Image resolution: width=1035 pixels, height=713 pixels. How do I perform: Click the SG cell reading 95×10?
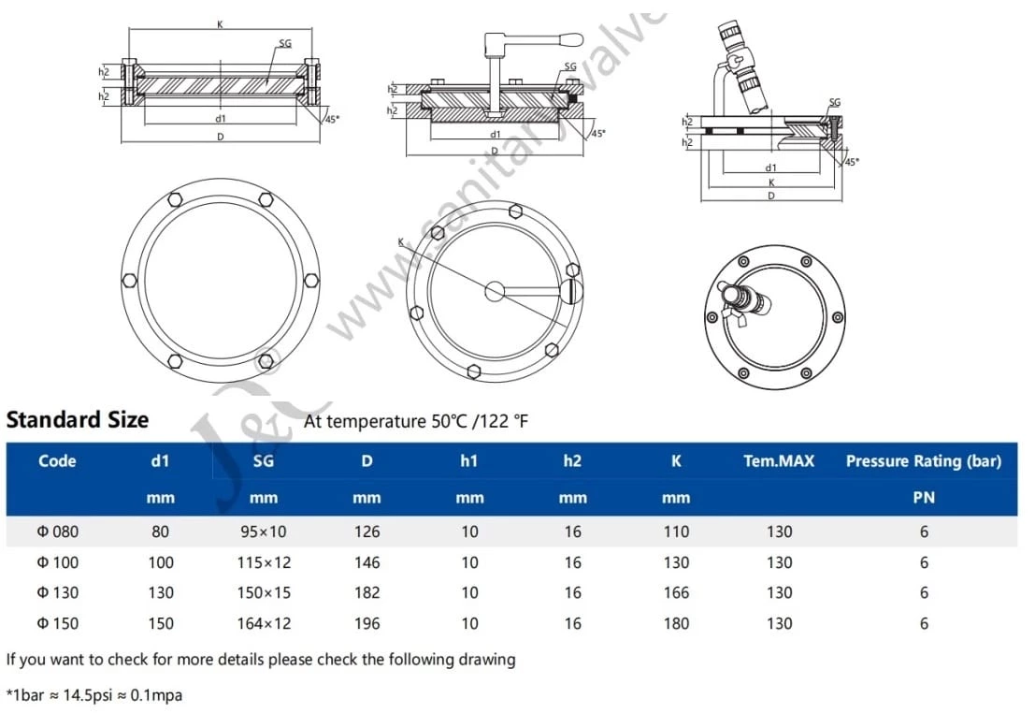coord(264,531)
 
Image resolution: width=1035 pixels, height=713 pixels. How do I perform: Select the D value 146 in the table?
coord(367,562)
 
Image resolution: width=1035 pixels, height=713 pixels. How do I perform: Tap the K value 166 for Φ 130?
coord(675,592)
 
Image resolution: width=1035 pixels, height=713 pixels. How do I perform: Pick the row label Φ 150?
coord(58,623)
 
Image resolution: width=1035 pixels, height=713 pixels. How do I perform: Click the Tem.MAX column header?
coord(779,460)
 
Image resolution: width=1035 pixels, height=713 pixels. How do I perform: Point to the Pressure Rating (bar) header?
coord(923,460)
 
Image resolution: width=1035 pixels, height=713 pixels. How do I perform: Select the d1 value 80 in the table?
coord(161,531)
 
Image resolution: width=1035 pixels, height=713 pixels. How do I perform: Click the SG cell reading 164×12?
coord(264,623)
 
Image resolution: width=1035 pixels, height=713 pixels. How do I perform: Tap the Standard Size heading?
coord(78,419)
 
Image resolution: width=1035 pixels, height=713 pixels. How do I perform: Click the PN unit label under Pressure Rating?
coord(924,499)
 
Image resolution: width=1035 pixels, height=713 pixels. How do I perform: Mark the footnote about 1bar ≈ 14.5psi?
coord(94,695)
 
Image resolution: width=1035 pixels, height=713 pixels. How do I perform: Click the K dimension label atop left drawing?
coord(221,24)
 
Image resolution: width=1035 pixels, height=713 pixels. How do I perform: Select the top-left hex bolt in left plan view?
coord(173,200)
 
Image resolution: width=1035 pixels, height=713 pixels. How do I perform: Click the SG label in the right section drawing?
coord(834,102)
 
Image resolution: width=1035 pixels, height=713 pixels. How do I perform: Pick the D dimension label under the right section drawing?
coord(770,196)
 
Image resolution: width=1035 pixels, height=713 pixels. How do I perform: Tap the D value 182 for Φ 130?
coord(367,592)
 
